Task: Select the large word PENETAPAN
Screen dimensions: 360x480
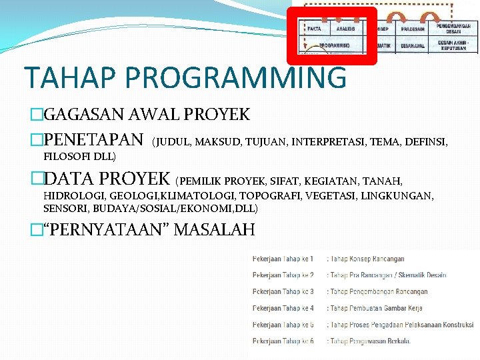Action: click(93, 141)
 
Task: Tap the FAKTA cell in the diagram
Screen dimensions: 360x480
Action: click(314, 29)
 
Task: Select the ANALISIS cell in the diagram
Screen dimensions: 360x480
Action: click(345, 29)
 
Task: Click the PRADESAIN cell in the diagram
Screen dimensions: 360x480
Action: click(414, 29)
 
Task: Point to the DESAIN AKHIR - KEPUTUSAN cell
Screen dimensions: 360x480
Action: click(454, 45)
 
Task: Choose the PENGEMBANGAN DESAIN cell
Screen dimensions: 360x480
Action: click(454, 29)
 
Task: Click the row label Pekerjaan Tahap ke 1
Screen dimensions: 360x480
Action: click(283, 259)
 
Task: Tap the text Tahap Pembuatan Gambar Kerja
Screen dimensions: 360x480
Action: click(377, 308)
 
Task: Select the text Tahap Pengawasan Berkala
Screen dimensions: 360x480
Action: click(370, 341)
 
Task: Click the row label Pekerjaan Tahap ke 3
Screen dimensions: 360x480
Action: click(283, 291)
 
